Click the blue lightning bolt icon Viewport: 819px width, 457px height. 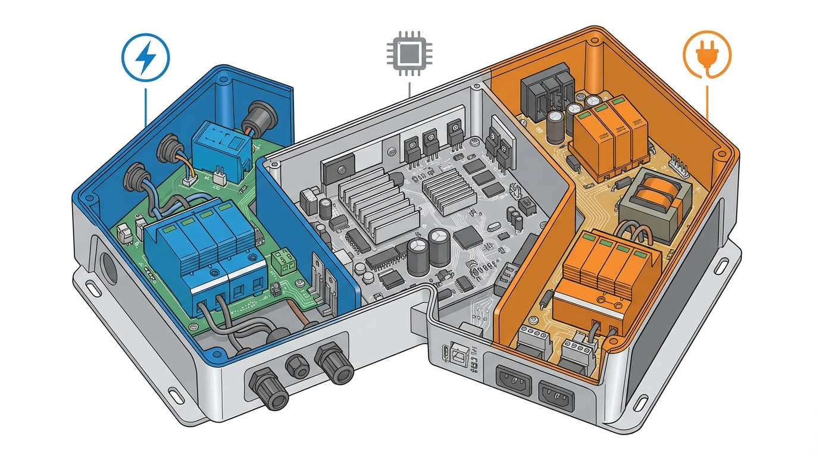tap(145, 58)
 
